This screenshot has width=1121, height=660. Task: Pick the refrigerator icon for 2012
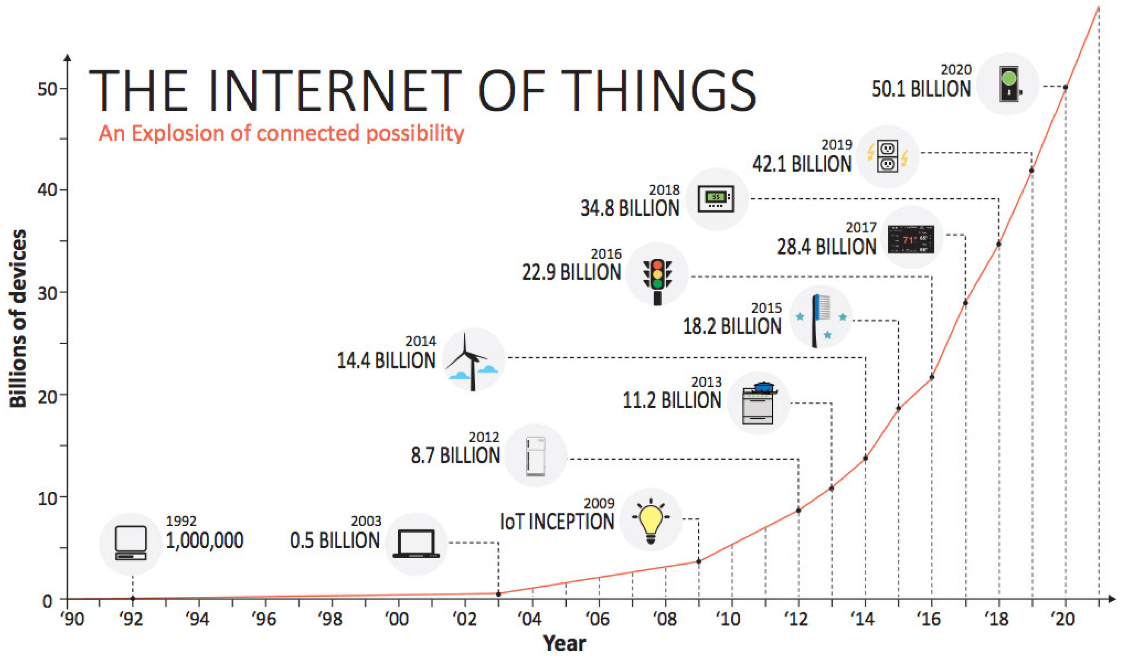click(x=535, y=456)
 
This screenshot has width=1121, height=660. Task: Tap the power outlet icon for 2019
click(x=887, y=157)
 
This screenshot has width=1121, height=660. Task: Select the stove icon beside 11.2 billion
click(x=759, y=402)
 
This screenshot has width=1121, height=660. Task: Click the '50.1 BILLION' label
click(x=921, y=89)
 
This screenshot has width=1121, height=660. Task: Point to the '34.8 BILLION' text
click(x=630, y=208)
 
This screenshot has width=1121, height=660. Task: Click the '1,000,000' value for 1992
click(x=205, y=541)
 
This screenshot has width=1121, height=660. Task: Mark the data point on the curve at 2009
click(x=698, y=561)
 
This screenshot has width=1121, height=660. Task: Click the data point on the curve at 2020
click(x=1065, y=87)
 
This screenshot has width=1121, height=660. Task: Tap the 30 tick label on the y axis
click(x=47, y=294)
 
